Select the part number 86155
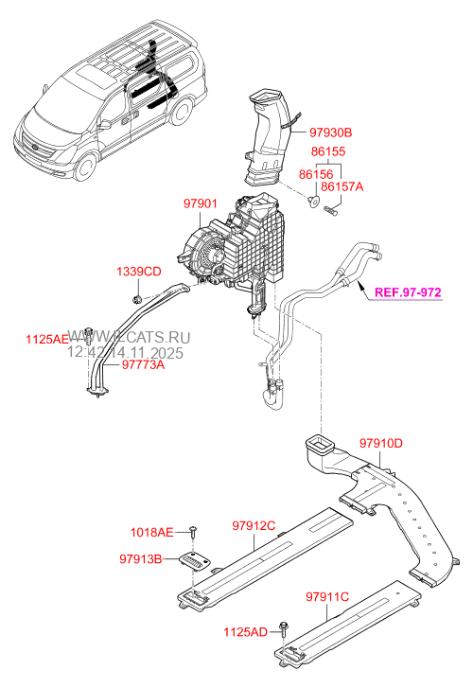[328, 150]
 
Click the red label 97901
[202, 203]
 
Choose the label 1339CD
[140, 273]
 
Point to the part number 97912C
[253, 525]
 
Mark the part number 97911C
[327, 596]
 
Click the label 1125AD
[246, 629]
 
